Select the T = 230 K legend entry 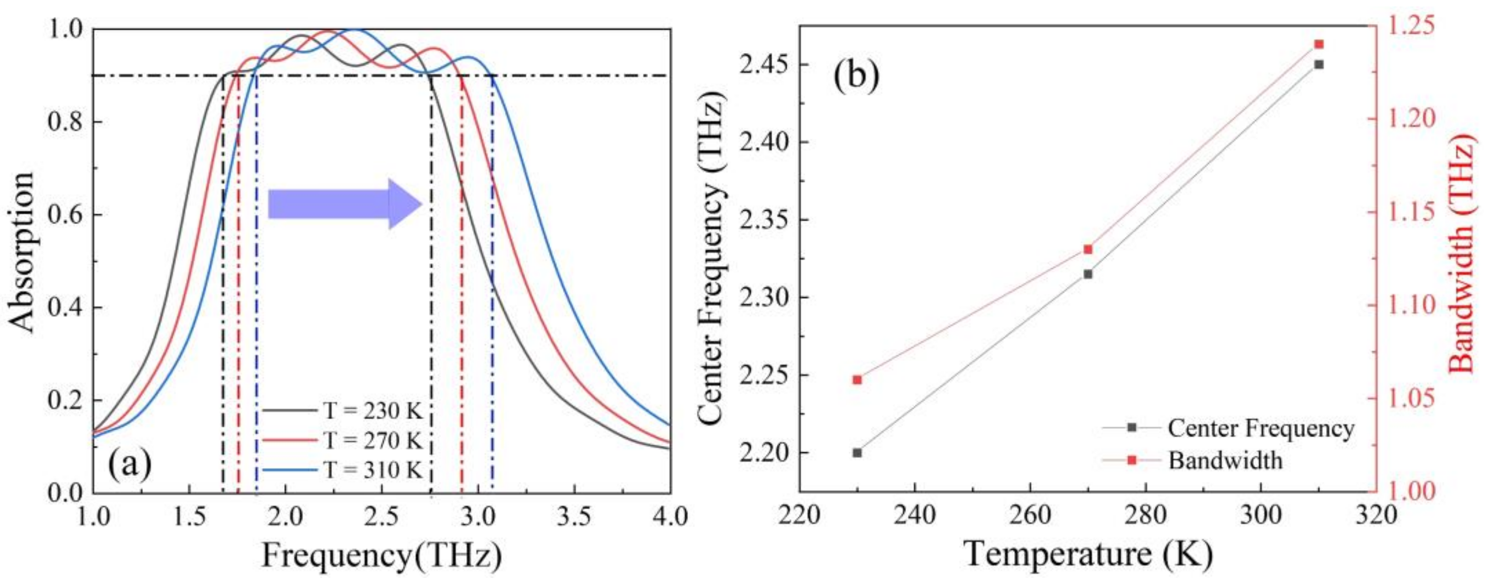click(x=372, y=411)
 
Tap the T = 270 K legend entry click(x=372, y=441)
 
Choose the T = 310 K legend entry click(x=372, y=470)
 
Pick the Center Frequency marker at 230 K click(x=857, y=453)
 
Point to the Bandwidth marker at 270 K click(x=1088, y=249)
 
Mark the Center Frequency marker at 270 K click(x=1088, y=274)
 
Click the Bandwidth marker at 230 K click(x=857, y=380)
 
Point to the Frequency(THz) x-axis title click(x=381, y=556)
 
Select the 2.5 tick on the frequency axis click(x=381, y=515)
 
